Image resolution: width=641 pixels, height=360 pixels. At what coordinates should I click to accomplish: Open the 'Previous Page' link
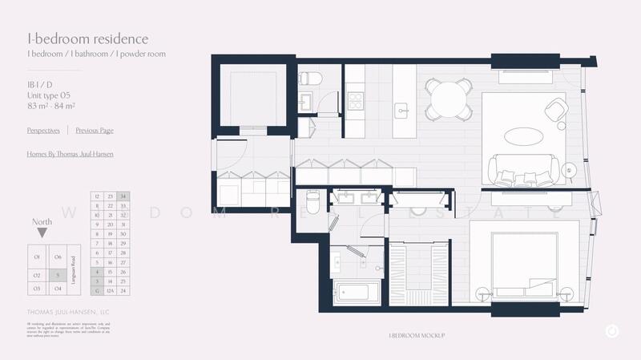pos(95,130)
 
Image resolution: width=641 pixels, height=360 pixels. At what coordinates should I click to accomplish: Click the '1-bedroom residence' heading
pos(76,38)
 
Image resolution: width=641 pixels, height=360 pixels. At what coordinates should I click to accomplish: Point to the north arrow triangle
pos(42,233)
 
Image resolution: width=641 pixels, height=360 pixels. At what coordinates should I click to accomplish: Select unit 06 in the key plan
pos(58,257)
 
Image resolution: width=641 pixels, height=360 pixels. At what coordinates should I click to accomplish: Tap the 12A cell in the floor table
pos(110,290)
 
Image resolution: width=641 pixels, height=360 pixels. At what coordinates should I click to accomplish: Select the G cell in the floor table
pos(97,290)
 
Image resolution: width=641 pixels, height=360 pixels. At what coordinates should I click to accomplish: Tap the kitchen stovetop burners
pos(354,103)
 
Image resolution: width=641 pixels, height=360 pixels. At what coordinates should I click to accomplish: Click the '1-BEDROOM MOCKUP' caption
pos(416,334)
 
